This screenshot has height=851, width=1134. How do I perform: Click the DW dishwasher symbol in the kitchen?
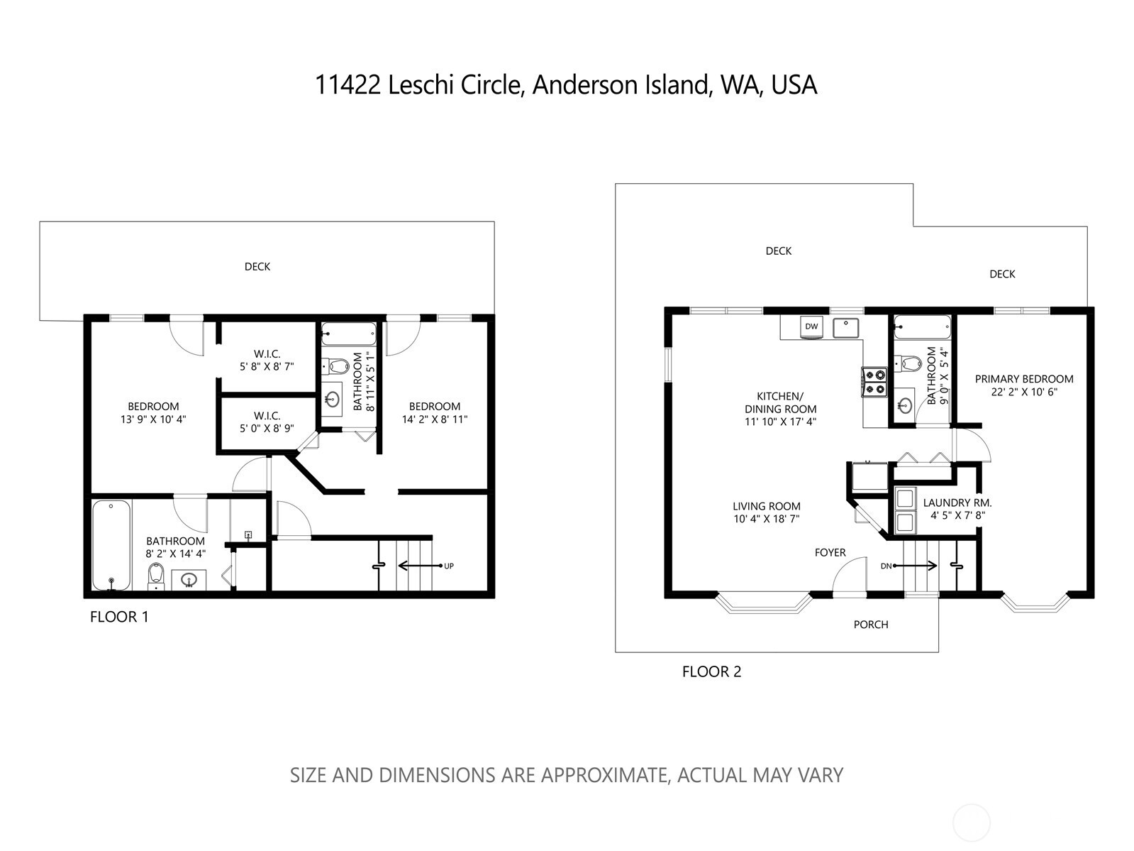pos(811,326)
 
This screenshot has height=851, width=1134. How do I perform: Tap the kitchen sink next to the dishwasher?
pos(845,327)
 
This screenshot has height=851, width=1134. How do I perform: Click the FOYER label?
pos(830,552)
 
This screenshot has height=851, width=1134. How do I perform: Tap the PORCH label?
pos(870,625)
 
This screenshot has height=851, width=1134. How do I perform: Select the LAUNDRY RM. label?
pos(957,503)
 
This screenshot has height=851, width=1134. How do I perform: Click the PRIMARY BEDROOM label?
pos(1023,379)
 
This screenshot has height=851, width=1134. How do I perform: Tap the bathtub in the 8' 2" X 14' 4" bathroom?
pos(111,545)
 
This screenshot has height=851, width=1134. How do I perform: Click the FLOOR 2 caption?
pos(711,671)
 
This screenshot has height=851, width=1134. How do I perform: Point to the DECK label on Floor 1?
pos(257,267)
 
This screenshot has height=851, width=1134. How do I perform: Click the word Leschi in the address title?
pos(421,85)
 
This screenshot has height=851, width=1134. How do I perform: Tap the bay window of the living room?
pos(763,604)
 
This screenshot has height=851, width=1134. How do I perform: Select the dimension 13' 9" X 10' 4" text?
pos(152,419)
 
